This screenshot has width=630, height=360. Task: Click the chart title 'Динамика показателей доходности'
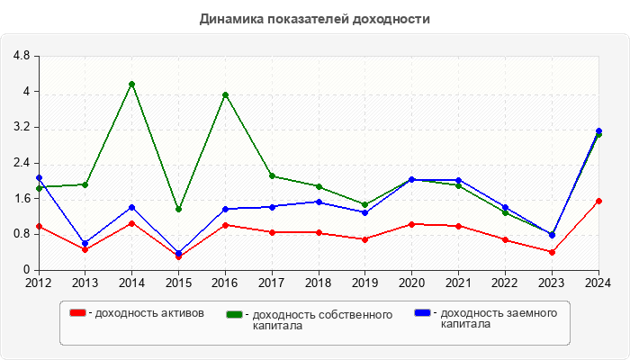314,19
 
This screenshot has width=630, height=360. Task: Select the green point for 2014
132,84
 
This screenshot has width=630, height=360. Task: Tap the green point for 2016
225,94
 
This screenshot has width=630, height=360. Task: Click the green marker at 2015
178,209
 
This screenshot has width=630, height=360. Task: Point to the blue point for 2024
598,130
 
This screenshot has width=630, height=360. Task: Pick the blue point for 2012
39,178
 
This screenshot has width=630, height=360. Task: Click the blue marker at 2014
132,207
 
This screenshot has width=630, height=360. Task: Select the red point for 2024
598,201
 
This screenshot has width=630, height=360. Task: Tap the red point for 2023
552,252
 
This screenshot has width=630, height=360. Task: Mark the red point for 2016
225,225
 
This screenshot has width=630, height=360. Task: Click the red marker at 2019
365,239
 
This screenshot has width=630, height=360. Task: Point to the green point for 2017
272,176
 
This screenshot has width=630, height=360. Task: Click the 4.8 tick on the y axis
22,56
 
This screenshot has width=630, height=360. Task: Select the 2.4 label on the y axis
22,163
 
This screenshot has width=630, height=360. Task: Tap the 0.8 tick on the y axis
22,234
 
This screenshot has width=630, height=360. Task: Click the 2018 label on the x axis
319,283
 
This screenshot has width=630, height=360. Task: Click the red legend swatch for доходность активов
78,312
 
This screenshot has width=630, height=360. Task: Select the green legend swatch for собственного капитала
235,315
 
